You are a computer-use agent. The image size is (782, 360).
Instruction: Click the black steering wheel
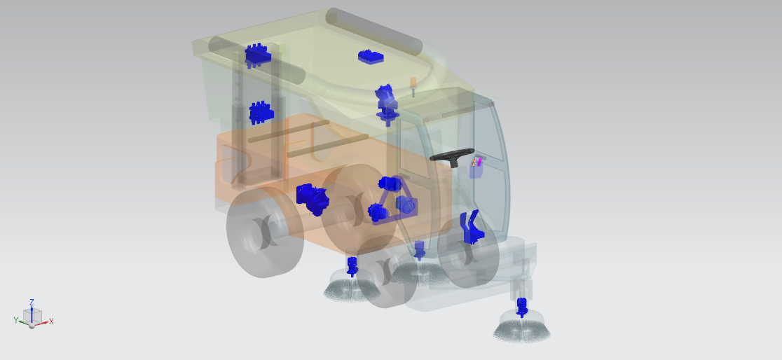[x=451, y=155]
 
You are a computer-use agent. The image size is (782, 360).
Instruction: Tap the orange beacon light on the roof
[x=413, y=85]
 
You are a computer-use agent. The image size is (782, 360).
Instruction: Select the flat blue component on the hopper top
[x=371, y=57]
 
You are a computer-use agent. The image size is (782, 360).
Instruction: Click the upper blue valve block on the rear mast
[x=257, y=54]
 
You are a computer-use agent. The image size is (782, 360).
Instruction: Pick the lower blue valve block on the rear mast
[x=261, y=113]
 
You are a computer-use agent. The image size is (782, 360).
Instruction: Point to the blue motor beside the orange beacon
[x=387, y=104]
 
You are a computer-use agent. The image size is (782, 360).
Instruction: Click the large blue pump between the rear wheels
[x=313, y=198]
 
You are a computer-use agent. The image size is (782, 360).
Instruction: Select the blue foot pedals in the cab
[x=472, y=228]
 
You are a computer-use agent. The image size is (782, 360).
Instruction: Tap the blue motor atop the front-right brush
[x=521, y=307]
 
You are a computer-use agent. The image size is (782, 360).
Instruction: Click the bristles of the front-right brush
[x=521, y=330]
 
